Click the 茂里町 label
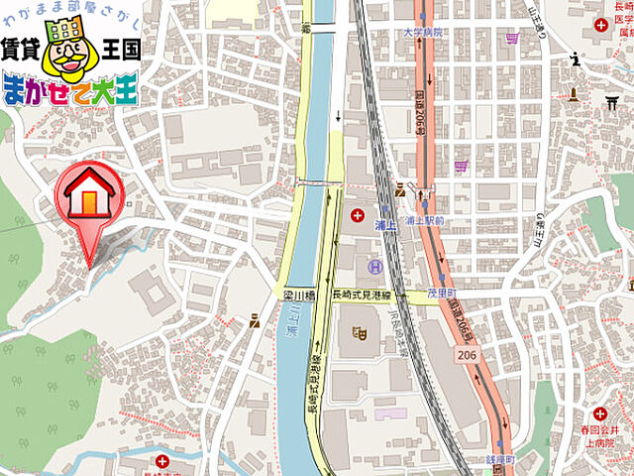coord(440,295)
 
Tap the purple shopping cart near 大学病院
coord(512,40)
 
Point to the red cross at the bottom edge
coord(162,462)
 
